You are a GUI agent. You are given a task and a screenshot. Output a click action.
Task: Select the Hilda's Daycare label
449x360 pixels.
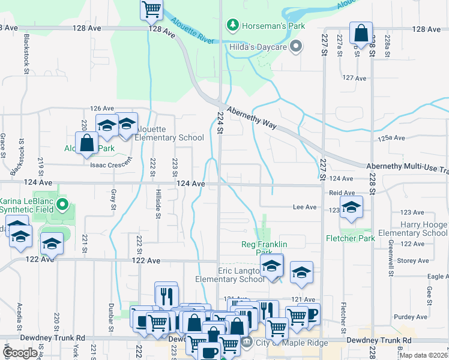pyautogui.click(x=259, y=46)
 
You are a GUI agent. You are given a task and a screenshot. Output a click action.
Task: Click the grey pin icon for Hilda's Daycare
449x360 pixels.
pyautogui.click(x=295, y=46)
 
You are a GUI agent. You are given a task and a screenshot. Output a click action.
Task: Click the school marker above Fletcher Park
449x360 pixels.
pyautogui.click(x=351, y=208)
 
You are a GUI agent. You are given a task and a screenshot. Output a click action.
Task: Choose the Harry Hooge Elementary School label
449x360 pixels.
pyautogui.click(x=414, y=229)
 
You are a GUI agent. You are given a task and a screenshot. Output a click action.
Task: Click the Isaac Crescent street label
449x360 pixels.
pyautogui.click(x=110, y=164)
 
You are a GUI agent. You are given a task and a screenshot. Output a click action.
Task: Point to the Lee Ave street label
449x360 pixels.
pyautogui.click(x=304, y=207)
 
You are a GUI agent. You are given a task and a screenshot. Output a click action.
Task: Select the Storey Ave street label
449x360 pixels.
pyautogui.click(x=414, y=260)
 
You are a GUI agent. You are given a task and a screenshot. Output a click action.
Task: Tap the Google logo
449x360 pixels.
pyautogui.click(x=20, y=353)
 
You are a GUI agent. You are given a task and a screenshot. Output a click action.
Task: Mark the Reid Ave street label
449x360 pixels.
pyautogui.click(x=342, y=193)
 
